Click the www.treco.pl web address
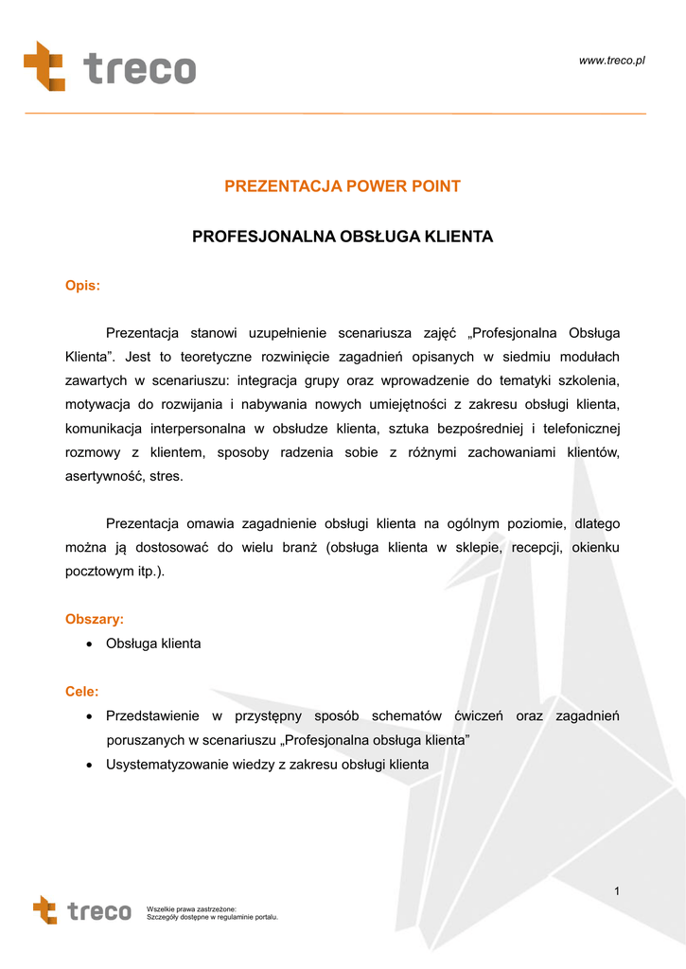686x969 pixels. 611,61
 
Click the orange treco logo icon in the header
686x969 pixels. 44,65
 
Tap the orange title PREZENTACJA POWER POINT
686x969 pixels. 343,186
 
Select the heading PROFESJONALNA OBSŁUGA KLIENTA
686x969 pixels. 343,237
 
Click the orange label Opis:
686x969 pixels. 82,286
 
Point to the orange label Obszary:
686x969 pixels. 94,619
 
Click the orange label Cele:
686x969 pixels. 81,692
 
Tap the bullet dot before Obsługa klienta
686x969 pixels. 88,644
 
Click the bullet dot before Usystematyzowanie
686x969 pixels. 88,765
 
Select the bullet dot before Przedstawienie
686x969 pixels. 88,716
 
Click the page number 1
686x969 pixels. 616,890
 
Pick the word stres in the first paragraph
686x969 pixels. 167,477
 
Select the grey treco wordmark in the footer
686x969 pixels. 99,911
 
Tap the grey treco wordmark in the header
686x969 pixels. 139,69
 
